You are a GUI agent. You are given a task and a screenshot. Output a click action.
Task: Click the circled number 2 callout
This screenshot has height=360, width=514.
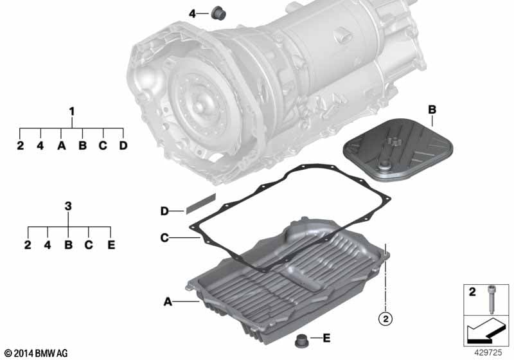[x=385, y=318]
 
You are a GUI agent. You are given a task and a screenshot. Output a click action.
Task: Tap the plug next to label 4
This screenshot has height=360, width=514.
[x=218, y=12]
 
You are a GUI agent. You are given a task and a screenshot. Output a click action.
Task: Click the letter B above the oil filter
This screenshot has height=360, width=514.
[x=432, y=109]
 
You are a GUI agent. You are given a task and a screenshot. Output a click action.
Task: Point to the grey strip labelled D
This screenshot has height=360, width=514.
[x=201, y=203]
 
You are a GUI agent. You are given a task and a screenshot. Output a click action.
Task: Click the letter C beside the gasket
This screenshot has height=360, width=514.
[x=164, y=237]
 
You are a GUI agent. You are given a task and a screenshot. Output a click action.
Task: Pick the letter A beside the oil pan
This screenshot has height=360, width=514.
[x=168, y=301]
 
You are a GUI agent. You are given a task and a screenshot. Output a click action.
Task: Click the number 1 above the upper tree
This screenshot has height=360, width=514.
[x=72, y=111]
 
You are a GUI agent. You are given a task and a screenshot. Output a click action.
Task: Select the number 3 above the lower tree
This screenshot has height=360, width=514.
[x=68, y=206]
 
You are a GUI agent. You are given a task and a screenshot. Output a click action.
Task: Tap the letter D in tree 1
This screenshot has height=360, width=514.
[x=123, y=145]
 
